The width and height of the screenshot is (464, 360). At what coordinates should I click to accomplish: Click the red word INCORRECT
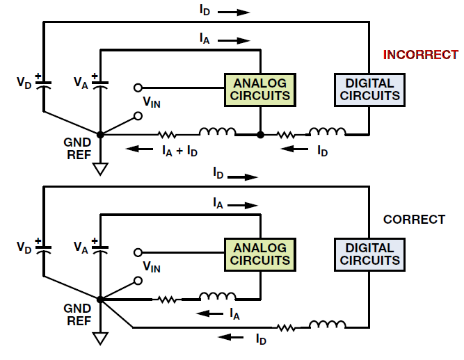420,55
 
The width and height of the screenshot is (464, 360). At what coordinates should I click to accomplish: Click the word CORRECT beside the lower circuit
414,220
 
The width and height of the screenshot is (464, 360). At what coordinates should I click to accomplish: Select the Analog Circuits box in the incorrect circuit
260,90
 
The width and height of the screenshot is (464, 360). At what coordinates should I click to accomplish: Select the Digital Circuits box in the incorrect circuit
369,90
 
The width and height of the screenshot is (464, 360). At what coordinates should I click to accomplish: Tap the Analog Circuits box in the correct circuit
260,254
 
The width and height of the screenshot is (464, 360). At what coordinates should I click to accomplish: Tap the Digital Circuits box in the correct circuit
369,254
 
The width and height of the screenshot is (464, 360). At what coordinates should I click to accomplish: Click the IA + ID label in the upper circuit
179,151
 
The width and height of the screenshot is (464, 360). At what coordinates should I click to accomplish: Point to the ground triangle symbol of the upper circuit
100,169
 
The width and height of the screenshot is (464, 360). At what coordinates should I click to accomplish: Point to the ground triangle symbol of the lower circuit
100,338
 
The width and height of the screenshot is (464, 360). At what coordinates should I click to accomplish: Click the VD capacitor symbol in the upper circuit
43,84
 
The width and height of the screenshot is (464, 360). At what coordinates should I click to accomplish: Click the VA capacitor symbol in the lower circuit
100,249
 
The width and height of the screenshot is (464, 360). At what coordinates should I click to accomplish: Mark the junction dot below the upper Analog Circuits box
260,135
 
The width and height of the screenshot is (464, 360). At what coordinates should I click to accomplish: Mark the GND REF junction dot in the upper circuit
100,135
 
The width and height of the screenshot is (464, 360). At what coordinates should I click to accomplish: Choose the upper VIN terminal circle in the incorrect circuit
138,88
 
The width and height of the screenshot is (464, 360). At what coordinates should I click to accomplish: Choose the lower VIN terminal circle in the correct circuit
138,281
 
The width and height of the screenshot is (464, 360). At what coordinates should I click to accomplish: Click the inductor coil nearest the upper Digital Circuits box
327,131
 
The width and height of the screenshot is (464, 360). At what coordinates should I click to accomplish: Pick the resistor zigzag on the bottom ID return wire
286,327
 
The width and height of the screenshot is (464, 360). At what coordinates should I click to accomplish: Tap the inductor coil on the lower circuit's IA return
218,296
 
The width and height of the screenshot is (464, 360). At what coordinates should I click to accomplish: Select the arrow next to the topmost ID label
234,12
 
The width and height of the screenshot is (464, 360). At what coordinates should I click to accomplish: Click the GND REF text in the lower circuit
77,315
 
